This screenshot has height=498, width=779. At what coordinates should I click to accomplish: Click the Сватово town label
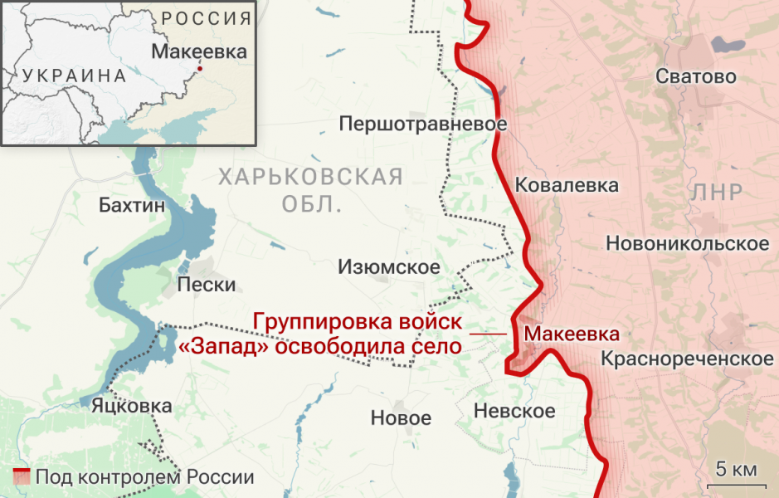point(695,77)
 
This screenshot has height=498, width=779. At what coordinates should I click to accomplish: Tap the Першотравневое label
point(423,124)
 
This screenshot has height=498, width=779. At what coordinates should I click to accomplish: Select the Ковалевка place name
point(567,184)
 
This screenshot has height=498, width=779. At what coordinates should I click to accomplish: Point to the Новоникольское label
point(687,244)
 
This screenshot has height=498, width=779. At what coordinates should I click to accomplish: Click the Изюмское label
point(388,267)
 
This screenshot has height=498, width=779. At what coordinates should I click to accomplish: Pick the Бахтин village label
point(131,205)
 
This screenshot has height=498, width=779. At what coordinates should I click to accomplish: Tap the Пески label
point(207,286)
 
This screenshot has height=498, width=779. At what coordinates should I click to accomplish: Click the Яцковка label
point(126,406)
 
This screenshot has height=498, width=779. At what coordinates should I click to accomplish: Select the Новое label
point(401,418)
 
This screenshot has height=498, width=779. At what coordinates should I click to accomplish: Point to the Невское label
point(514,411)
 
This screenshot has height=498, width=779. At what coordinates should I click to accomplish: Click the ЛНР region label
point(716,193)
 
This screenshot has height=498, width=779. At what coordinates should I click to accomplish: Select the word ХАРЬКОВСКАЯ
point(309,177)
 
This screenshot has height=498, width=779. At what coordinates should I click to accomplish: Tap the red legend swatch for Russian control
point(22,477)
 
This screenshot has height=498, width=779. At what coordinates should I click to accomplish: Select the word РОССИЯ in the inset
point(206,18)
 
